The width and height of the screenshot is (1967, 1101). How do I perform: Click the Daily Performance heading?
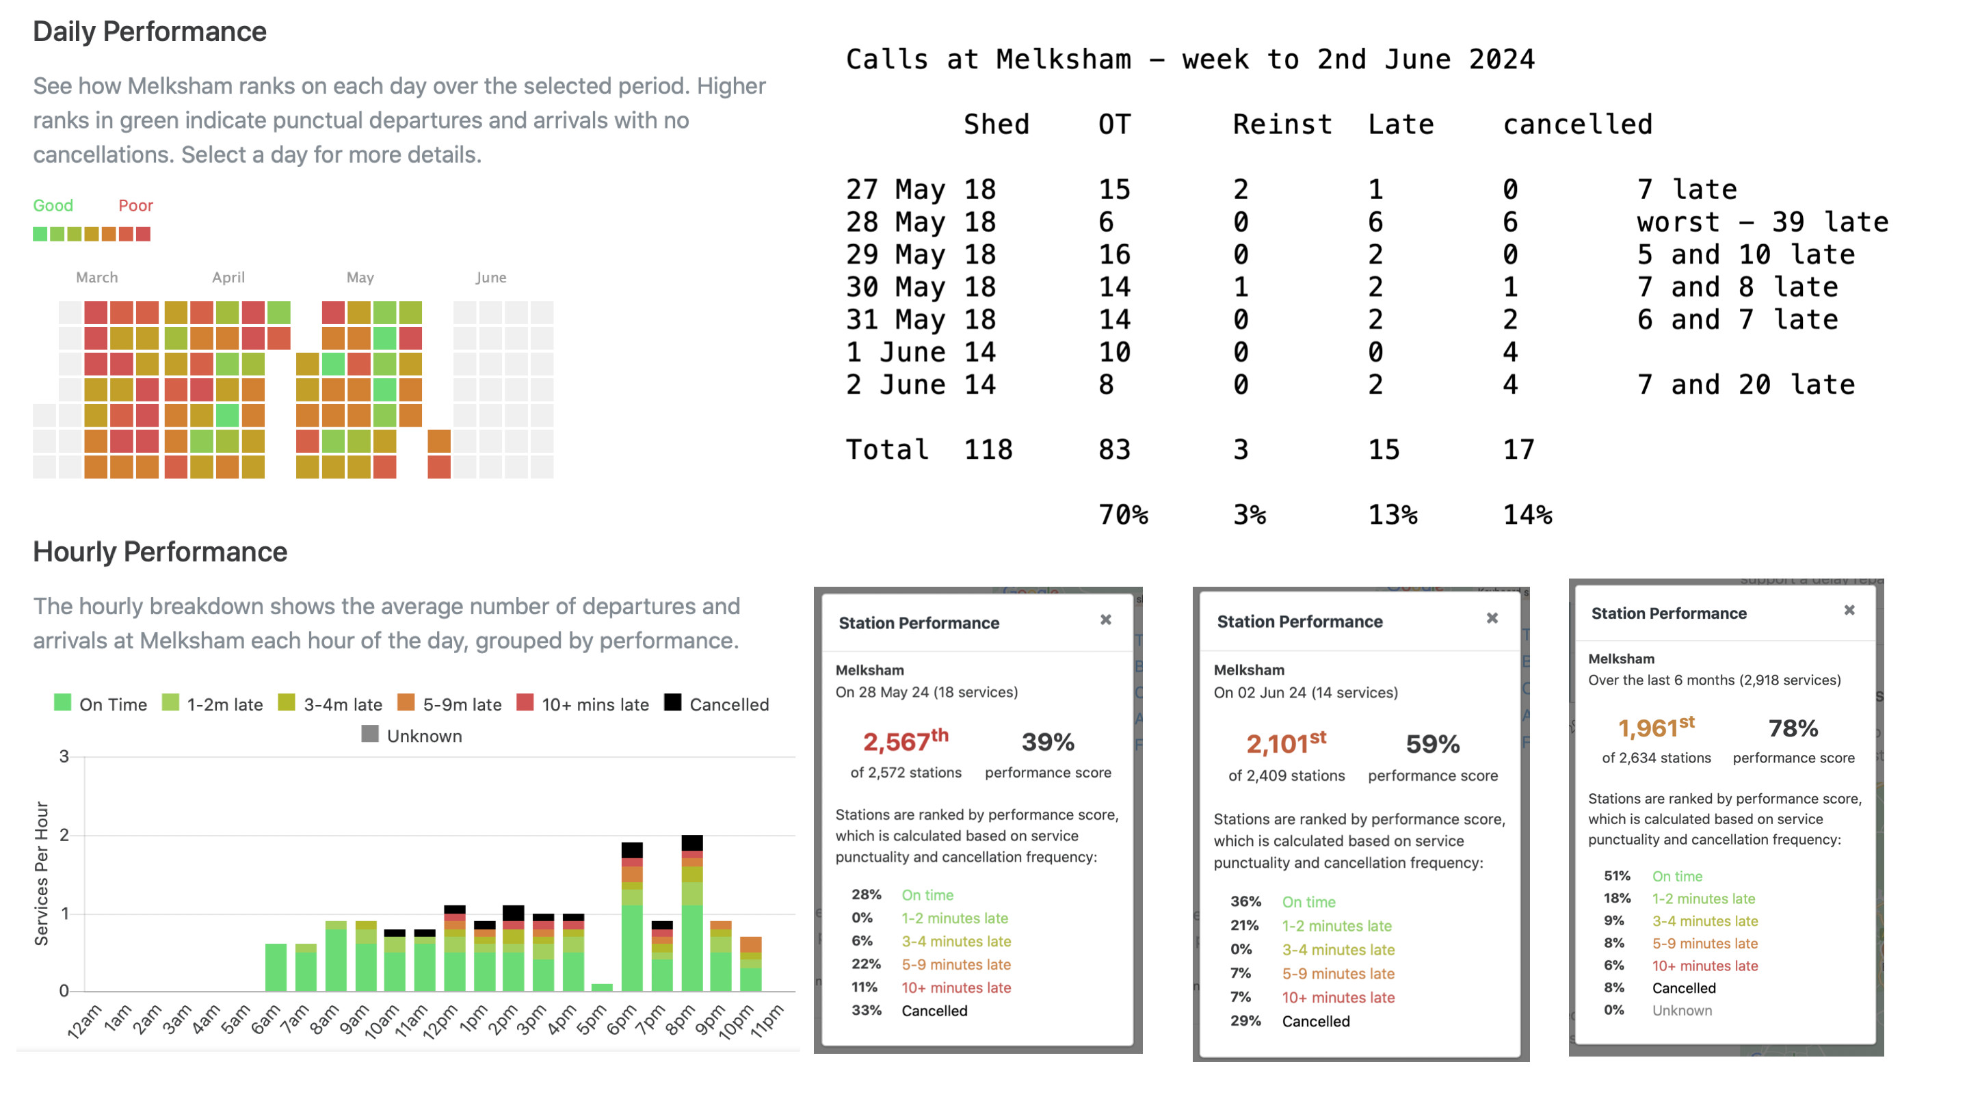click(150, 32)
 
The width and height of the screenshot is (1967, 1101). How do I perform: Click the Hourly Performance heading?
click(160, 552)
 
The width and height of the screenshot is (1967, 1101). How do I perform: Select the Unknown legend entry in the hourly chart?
click(412, 736)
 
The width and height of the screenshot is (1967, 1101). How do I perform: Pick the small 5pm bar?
click(602, 987)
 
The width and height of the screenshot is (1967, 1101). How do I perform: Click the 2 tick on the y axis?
click(64, 835)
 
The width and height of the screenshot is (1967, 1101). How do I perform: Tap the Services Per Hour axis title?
click(41, 874)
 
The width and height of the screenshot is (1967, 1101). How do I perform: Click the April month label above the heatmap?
click(228, 278)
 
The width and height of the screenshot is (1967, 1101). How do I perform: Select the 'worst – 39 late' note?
click(1762, 222)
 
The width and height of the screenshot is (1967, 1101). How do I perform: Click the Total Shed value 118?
click(988, 450)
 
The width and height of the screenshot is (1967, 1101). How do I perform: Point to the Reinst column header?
click(1282, 124)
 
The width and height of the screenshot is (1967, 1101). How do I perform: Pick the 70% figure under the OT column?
click(1122, 515)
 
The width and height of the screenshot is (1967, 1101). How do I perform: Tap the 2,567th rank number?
click(905, 741)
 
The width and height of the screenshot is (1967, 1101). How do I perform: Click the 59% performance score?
click(1431, 743)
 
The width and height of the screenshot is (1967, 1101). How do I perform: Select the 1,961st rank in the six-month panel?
click(1655, 727)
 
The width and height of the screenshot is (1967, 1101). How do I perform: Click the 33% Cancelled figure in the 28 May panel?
click(866, 1010)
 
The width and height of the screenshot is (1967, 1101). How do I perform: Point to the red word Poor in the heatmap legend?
click(135, 205)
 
